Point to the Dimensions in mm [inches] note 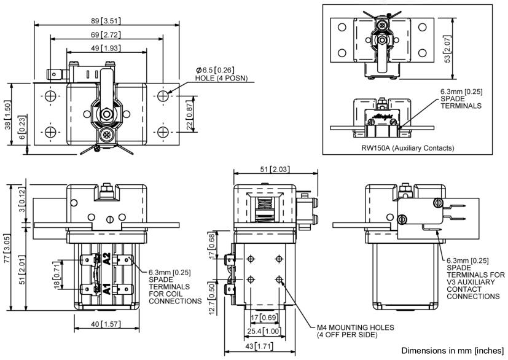click(x=453, y=350)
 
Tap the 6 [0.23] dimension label click(x=23, y=133)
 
